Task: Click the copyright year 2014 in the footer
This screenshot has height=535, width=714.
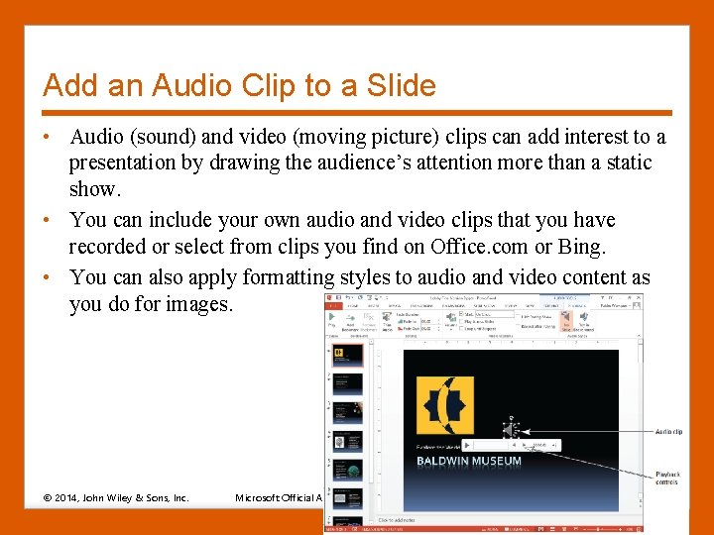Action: click(x=67, y=497)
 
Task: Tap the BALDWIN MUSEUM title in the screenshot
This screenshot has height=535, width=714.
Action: click(x=469, y=461)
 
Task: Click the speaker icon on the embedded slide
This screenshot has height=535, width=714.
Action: click(x=511, y=430)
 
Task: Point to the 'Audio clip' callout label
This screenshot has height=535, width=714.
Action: click(x=668, y=432)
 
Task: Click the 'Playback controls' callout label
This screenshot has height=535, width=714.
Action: click(x=667, y=480)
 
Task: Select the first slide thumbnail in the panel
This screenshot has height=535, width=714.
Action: click(x=348, y=354)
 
